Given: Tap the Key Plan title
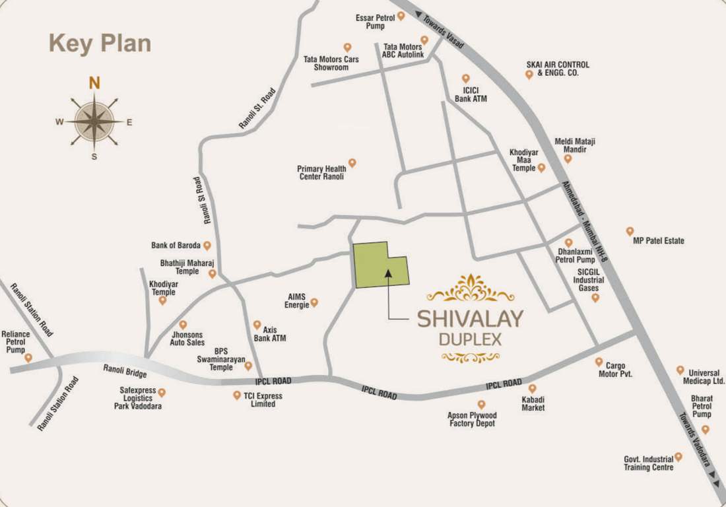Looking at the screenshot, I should (x=100, y=44).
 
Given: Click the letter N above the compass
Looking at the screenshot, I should (x=95, y=83).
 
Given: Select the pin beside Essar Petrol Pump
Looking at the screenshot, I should (x=401, y=17).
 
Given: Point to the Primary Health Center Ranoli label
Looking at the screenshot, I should (x=321, y=173).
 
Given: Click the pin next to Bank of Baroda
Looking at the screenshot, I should (x=207, y=246).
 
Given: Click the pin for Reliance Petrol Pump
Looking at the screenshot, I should (x=28, y=357).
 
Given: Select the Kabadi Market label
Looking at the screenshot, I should (x=533, y=403).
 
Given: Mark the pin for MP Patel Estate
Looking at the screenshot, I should (x=630, y=231).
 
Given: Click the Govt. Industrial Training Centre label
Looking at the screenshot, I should (x=649, y=463).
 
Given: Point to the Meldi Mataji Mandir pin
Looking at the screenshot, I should (x=568, y=158).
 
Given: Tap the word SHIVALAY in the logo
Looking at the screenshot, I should (x=470, y=318).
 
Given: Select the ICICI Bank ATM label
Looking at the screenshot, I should (x=471, y=94).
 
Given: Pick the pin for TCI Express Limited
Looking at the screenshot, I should (x=237, y=395).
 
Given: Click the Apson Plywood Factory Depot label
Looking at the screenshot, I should (x=472, y=419).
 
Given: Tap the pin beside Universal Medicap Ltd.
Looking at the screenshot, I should (x=680, y=370).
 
